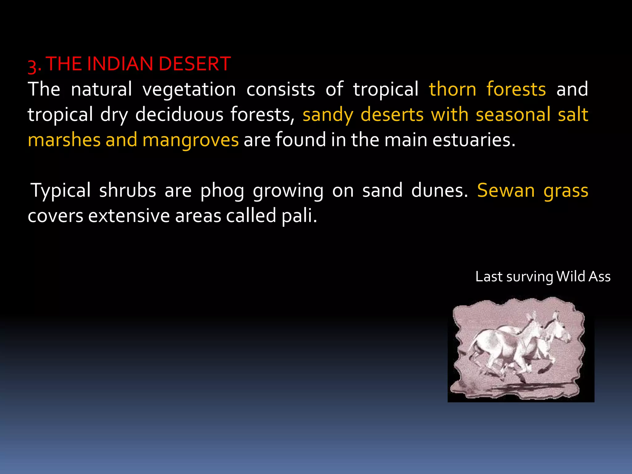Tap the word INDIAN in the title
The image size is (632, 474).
click(120, 64)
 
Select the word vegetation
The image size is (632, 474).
click(189, 89)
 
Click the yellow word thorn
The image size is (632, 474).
click(453, 89)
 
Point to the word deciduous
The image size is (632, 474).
click(179, 115)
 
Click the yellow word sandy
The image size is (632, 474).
click(328, 115)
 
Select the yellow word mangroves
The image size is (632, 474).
click(190, 140)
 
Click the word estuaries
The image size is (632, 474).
click(474, 140)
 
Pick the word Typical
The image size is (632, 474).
click(61, 191)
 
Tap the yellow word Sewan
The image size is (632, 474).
click(506, 191)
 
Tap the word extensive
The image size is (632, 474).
click(129, 216)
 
